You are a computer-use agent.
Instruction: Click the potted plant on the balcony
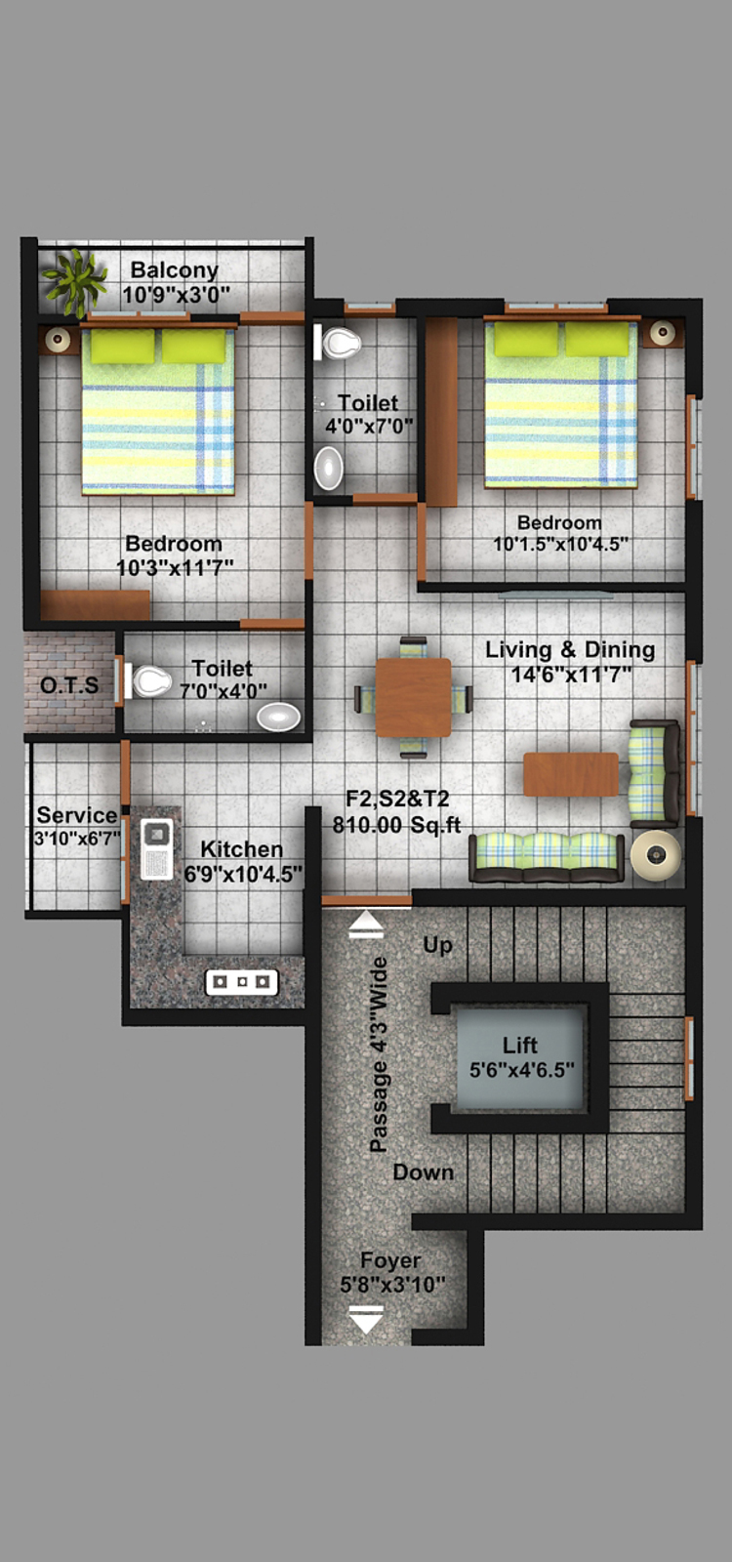tap(74, 282)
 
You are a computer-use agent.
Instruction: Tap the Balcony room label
tap(175, 269)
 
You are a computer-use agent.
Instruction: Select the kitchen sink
tap(157, 848)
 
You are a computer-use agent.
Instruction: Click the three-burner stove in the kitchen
tap(241, 982)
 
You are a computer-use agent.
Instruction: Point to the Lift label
tap(520, 1045)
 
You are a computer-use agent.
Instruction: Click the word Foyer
tap(390, 1260)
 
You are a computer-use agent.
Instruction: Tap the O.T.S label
tap(69, 685)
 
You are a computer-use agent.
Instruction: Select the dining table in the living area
tap(414, 697)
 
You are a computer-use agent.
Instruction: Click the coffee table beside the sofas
tap(571, 774)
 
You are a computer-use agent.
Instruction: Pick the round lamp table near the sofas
tap(655, 855)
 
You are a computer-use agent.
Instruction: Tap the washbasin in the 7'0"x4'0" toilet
tap(279, 717)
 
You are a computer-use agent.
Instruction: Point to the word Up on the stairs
tap(438, 946)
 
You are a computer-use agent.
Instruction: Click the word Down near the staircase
tap(424, 1172)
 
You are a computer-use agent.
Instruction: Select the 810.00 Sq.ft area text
tap(396, 825)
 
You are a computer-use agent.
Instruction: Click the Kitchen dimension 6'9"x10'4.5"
tap(243, 873)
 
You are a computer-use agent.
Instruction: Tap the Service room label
tap(77, 814)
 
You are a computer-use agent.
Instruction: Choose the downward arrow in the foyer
tap(365, 1319)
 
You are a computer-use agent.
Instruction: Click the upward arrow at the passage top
tap(365, 926)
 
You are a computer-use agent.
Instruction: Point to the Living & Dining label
tap(570, 649)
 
